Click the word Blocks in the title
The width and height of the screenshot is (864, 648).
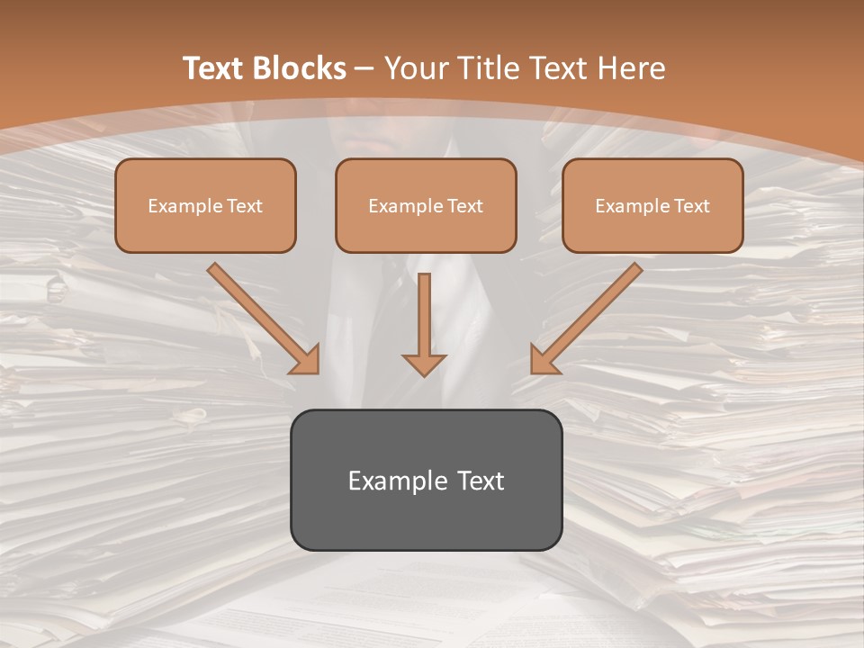(x=301, y=68)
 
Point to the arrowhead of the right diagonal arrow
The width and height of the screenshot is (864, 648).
(x=543, y=361)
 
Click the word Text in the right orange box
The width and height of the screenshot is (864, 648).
(x=692, y=206)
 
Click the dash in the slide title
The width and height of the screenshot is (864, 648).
(x=365, y=68)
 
